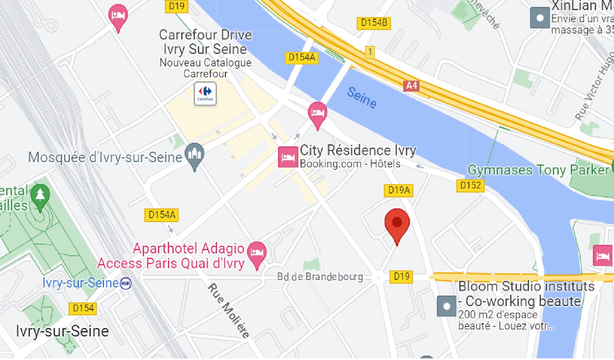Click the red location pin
click(397, 223)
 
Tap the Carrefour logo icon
click(205, 93)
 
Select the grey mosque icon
click(195, 154)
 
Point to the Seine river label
click(362, 97)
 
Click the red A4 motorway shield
click(411, 86)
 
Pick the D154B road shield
click(374, 23)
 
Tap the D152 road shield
click(470, 185)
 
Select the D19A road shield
click(399, 190)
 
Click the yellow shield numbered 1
click(369, 52)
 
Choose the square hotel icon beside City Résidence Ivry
click(288, 157)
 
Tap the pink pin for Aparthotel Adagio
click(257, 253)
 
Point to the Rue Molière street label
click(229, 311)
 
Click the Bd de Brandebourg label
click(320, 277)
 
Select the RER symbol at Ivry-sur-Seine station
click(126, 283)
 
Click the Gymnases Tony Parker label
click(538, 170)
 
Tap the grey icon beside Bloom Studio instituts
click(447, 306)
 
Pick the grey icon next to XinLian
click(540, 18)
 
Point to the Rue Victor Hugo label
click(595, 88)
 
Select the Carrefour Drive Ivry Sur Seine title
click(205, 42)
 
